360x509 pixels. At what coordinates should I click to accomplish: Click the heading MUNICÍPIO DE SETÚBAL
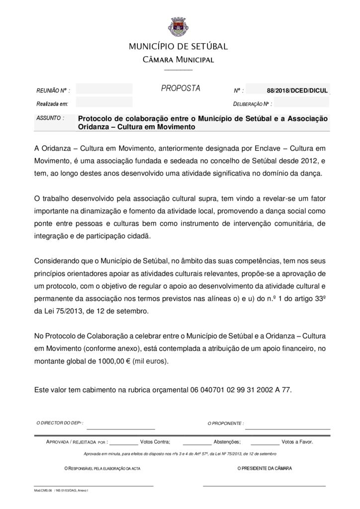pyautogui.click(x=179, y=47)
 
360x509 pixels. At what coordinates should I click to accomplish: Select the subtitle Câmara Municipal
pyautogui.click(x=179, y=60)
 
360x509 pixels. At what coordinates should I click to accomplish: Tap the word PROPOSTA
pyautogui.click(x=180, y=88)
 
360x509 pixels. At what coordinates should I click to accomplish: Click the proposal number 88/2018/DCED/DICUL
pyautogui.click(x=297, y=90)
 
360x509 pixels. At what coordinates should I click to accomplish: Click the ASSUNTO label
pyautogui.click(x=50, y=118)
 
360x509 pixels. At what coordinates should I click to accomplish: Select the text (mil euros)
pyautogui.click(x=151, y=361)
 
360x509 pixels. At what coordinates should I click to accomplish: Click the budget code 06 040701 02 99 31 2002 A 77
pyautogui.click(x=240, y=390)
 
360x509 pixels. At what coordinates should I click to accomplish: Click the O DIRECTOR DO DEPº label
pyautogui.click(x=60, y=423)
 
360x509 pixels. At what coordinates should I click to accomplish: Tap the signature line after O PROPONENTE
pyautogui.click(x=287, y=427)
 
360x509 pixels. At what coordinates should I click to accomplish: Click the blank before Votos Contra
pyautogui.click(x=123, y=441)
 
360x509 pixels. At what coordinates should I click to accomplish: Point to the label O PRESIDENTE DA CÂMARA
pyautogui.click(x=265, y=468)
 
